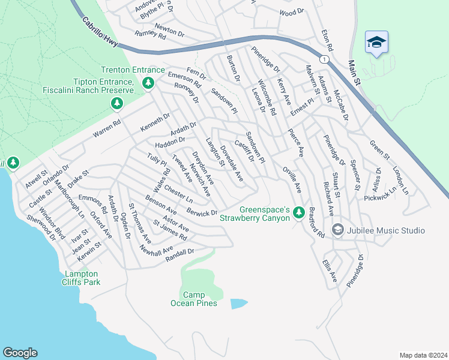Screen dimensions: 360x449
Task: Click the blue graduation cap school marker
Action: click(376, 43)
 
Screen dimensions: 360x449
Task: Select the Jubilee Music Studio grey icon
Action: click(337, 230)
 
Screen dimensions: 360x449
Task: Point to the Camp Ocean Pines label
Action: click(197, 299)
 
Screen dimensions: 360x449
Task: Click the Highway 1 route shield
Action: click(324, 59)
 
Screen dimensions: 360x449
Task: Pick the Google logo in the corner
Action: click(20, 353)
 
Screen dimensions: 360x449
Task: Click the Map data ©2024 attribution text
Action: click(423, 355)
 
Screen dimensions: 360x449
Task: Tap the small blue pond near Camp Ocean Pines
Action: click(238, 303)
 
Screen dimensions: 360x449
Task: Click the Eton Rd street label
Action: click(327, 39)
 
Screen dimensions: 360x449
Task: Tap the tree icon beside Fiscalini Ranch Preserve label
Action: click(117, 104)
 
